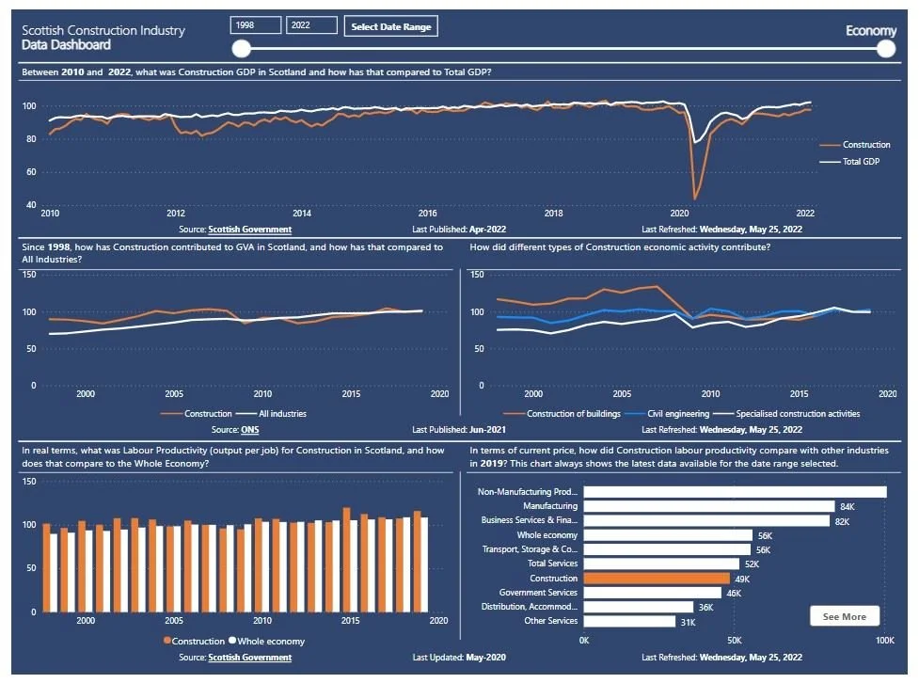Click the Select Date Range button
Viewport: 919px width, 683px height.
(390, 26)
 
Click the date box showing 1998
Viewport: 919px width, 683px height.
(255, 26)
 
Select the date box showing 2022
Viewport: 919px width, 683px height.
(311, 26)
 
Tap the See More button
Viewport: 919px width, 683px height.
(844, 616)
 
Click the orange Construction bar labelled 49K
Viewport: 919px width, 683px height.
(657, 579)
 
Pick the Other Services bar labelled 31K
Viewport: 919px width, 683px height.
(629, 621)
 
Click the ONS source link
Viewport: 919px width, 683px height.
(249, 429)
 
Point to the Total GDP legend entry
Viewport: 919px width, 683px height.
(855, 162)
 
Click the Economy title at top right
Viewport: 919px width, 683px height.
(871, 31)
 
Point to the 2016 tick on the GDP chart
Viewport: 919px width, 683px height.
(428, 214)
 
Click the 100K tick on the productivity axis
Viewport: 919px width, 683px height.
(883, 641)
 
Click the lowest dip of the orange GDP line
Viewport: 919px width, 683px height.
(695, 199)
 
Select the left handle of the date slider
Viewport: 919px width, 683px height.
(242, 49)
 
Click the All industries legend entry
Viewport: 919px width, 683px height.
(270, 413)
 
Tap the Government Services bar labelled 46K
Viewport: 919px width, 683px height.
(652, 593)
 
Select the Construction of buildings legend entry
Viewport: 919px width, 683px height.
(571, 413)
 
